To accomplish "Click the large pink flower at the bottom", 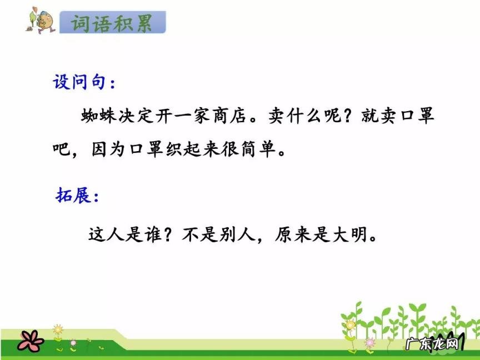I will click(x=30, y=339).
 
